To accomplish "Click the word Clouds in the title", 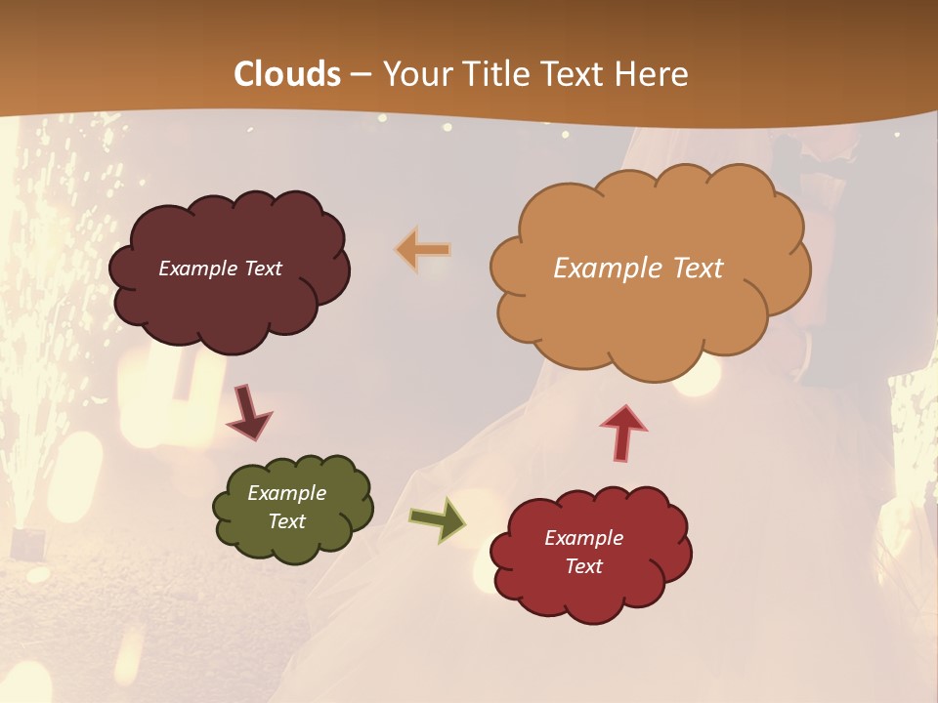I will point(288,74).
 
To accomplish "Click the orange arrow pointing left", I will point(423,250).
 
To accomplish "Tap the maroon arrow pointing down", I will point(248,411).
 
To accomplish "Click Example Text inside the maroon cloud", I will point(220,269).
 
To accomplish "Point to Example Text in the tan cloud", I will point(638,269).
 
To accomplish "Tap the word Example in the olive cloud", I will point(286,493).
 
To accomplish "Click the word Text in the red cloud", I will point(583,566).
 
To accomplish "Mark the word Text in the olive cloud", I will point(286,521).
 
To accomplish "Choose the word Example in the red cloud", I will point(583,538).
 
